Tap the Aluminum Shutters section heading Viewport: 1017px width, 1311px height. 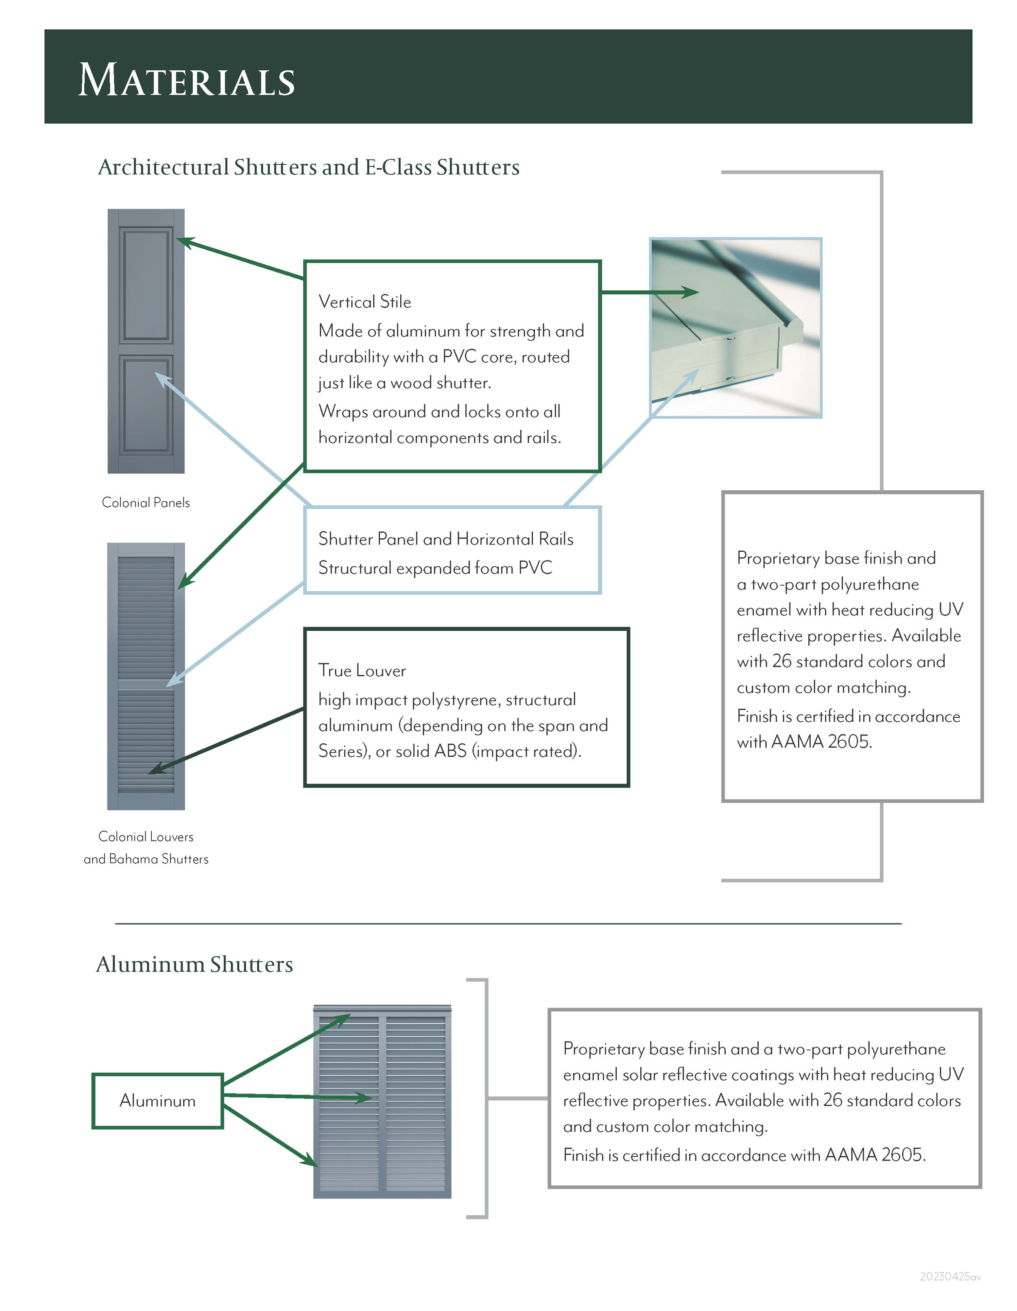coord(194,965)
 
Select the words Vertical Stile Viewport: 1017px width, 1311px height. coord(364,302)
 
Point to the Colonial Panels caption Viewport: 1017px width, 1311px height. coord(146,503)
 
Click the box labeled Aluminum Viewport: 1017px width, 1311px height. coord(157,1101)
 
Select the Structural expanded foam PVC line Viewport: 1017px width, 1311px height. coord(434,568)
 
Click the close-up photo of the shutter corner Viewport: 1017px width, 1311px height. coord(735,327)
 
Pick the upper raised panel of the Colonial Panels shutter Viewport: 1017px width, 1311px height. coord(146,285)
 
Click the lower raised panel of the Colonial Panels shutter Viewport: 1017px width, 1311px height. coord(146,405)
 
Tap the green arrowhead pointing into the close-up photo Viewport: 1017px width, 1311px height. coord(690,292)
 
